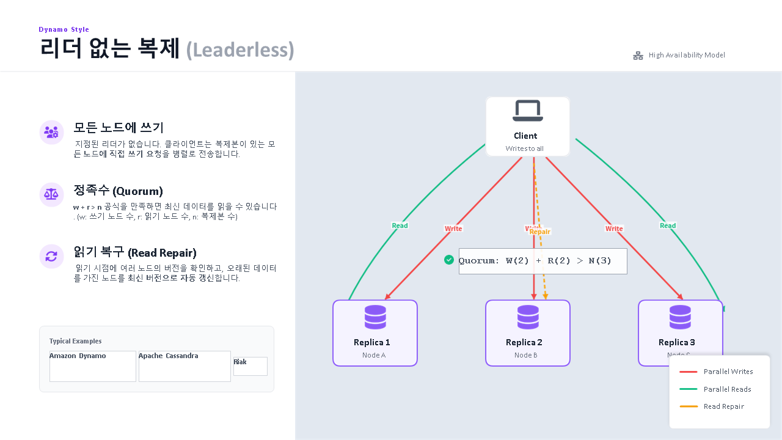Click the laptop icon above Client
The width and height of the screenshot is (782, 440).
tap(527, 111)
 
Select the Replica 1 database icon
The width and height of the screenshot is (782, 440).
tap(375, 318)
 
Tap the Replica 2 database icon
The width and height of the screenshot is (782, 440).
tap(528, 318)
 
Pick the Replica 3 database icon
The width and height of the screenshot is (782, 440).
tap(680, 318)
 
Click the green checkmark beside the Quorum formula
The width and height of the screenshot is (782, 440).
tap(449, 260)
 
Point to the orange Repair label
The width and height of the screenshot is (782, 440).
tap(540, 232)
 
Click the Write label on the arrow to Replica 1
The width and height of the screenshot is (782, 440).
tap(453, 229)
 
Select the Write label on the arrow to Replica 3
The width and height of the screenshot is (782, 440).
tap(614, 229)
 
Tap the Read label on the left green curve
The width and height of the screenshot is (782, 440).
tap(400, 226)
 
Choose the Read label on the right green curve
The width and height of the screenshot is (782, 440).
tap(668, 226)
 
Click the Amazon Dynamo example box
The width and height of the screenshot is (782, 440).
tap(93, 366)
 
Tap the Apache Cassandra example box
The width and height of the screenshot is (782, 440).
tap(185, 366)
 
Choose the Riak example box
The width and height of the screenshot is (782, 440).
tap(250, 366)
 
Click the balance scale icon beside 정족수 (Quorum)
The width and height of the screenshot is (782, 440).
tap(51, 194)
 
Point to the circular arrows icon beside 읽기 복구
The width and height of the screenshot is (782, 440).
tap(51, 256)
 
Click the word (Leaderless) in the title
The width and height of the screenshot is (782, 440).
tap(240, 50)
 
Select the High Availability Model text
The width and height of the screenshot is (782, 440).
tap(687, 55)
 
